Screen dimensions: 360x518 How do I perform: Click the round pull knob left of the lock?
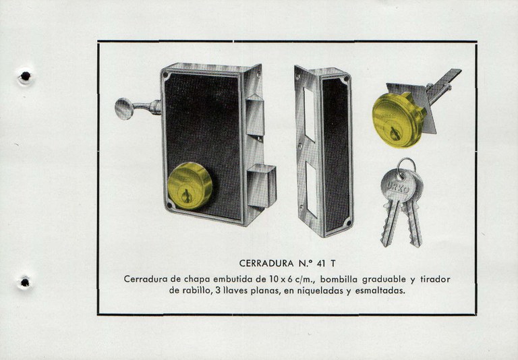pos(125,108)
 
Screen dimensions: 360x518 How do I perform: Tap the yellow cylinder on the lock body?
pos(190,185)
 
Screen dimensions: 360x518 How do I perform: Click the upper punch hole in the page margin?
pos(25,76)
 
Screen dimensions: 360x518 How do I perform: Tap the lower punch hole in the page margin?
pos(25,281)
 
